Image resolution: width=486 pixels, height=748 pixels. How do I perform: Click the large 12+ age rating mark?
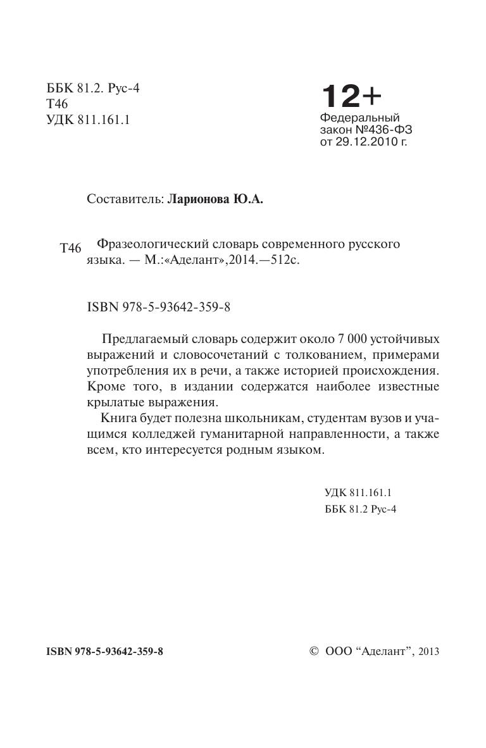point(351,96)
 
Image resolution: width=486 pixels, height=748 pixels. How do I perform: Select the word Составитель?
point(124,200)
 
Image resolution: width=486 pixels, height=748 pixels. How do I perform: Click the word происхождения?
point(394,370)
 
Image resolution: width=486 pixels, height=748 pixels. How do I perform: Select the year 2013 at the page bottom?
point(428,651)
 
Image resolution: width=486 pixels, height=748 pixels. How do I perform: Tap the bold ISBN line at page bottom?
point(105,651)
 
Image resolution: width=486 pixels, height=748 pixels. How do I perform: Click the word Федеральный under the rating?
point(360,118)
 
